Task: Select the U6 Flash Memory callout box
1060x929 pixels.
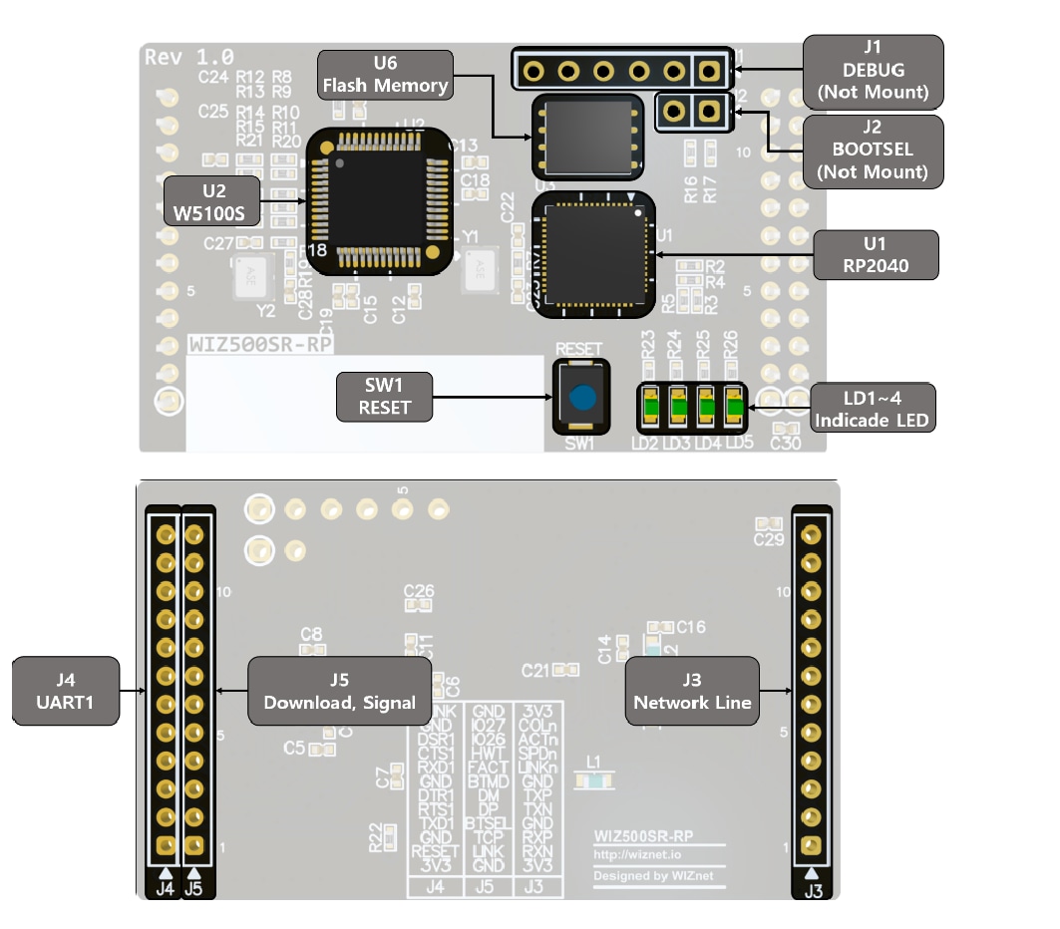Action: point(385,75)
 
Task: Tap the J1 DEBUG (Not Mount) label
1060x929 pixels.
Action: point(873,72)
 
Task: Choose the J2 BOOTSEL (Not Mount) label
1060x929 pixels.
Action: point(873,151)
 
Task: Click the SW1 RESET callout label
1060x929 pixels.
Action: point(384,397)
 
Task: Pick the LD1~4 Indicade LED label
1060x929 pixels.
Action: point(873,408)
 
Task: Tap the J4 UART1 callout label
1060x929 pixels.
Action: point(65,691)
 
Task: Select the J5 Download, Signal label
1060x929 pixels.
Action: point(339,691)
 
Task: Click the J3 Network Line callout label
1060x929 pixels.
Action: point(692,691)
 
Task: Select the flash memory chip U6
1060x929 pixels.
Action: point(586,135)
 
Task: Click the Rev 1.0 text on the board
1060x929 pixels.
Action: point(189,56)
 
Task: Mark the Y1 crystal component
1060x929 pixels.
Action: point(479,269)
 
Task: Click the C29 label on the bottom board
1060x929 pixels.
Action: point(769,539)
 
